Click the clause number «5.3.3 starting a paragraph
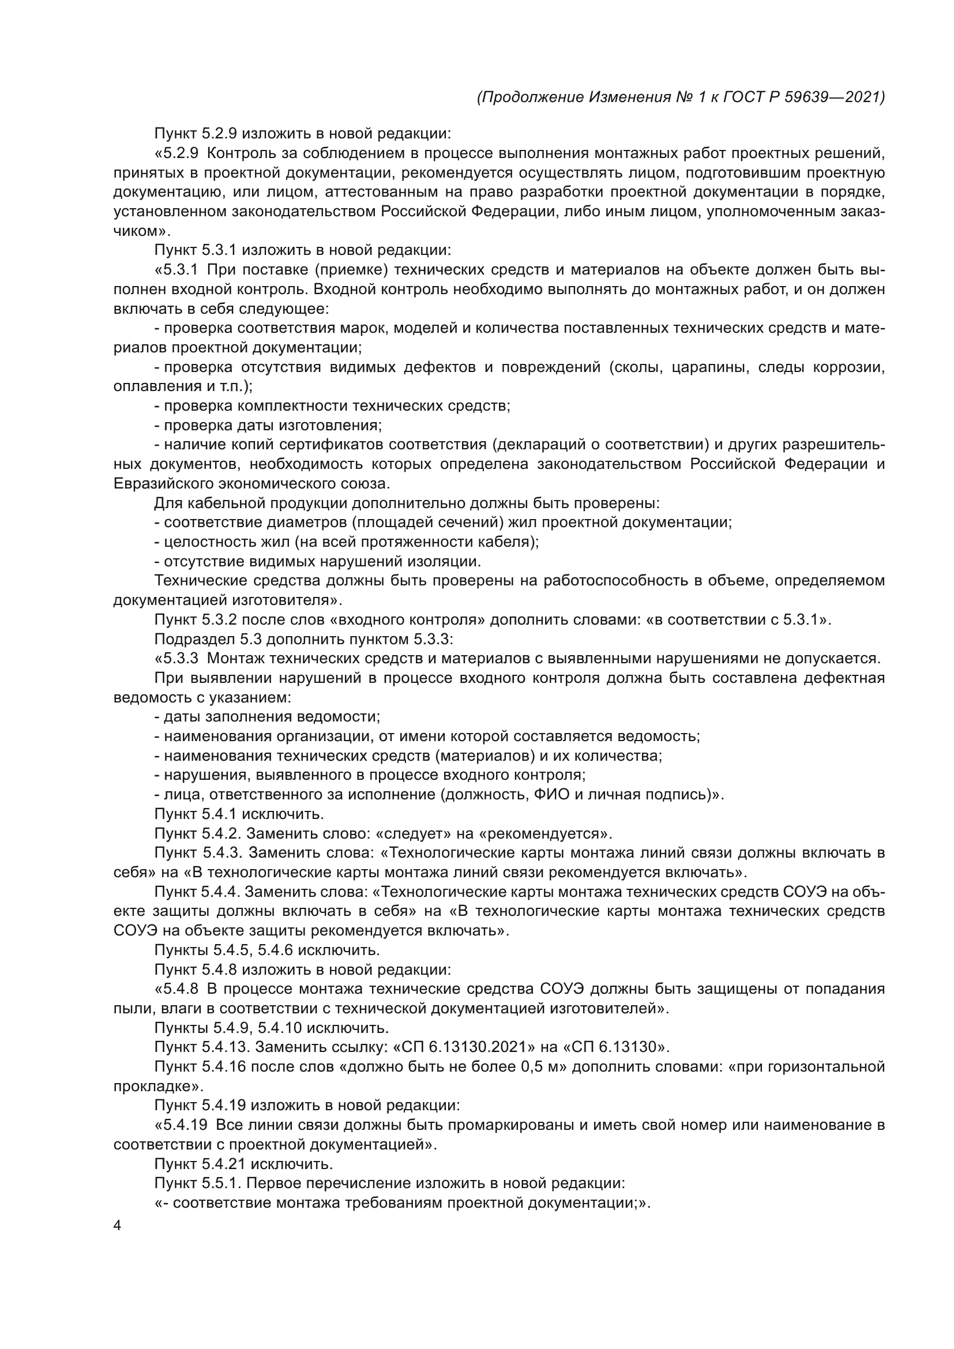pos(176,658)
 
